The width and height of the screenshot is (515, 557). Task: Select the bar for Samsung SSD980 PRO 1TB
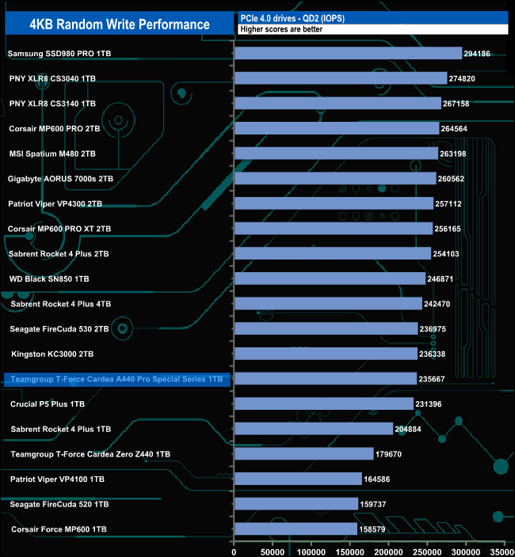(348, 53)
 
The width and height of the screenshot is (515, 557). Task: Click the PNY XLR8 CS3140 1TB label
(52, 104)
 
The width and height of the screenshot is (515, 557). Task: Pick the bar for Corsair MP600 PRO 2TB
(337, 128)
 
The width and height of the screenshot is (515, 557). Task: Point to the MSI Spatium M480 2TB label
(52, 153)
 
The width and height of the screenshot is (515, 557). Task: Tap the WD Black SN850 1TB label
(49, 278)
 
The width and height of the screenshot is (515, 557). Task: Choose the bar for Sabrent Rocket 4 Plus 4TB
(328, 304)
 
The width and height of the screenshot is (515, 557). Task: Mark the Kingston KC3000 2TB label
(52, 354)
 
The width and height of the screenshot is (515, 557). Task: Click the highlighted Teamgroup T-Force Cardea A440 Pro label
(116, 379)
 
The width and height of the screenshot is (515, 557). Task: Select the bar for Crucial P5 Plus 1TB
(323, 404)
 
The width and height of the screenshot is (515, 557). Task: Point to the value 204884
(410, 429)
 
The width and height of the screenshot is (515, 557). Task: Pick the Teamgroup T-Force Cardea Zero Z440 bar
(303, 454)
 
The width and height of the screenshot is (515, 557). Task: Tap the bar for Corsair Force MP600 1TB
(295, 529)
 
